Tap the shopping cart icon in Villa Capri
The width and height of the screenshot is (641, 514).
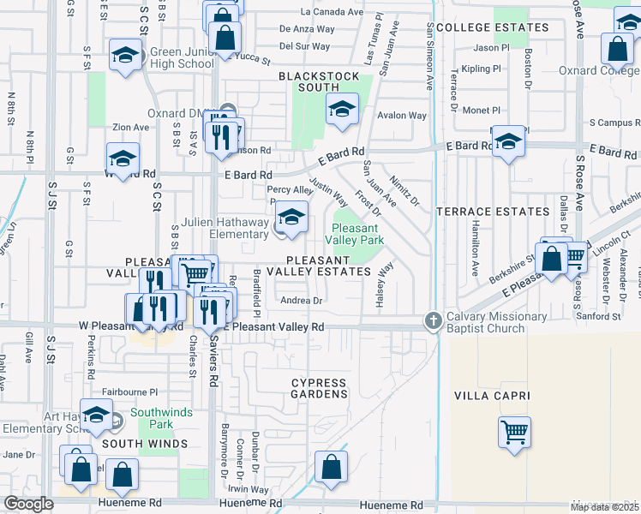(x=514, y=433)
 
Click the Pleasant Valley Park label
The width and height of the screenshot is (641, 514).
(x=356, y=234)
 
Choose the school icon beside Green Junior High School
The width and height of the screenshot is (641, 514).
(x=126, y=57)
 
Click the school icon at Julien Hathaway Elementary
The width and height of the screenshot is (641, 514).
(x=292, y=217)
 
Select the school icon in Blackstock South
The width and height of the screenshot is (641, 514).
(x=342, y=111)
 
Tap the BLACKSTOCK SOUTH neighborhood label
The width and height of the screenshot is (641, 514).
(x=319, y=81)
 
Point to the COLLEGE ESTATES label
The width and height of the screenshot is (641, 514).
(x=492, y=28)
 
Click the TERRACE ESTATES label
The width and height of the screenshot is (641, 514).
(x=493, y=212)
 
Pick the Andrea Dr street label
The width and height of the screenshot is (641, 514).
(x=301, y=301)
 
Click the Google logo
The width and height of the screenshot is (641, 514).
(x=28, y=504)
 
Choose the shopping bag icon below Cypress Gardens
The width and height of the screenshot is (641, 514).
(x=331, y=467)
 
